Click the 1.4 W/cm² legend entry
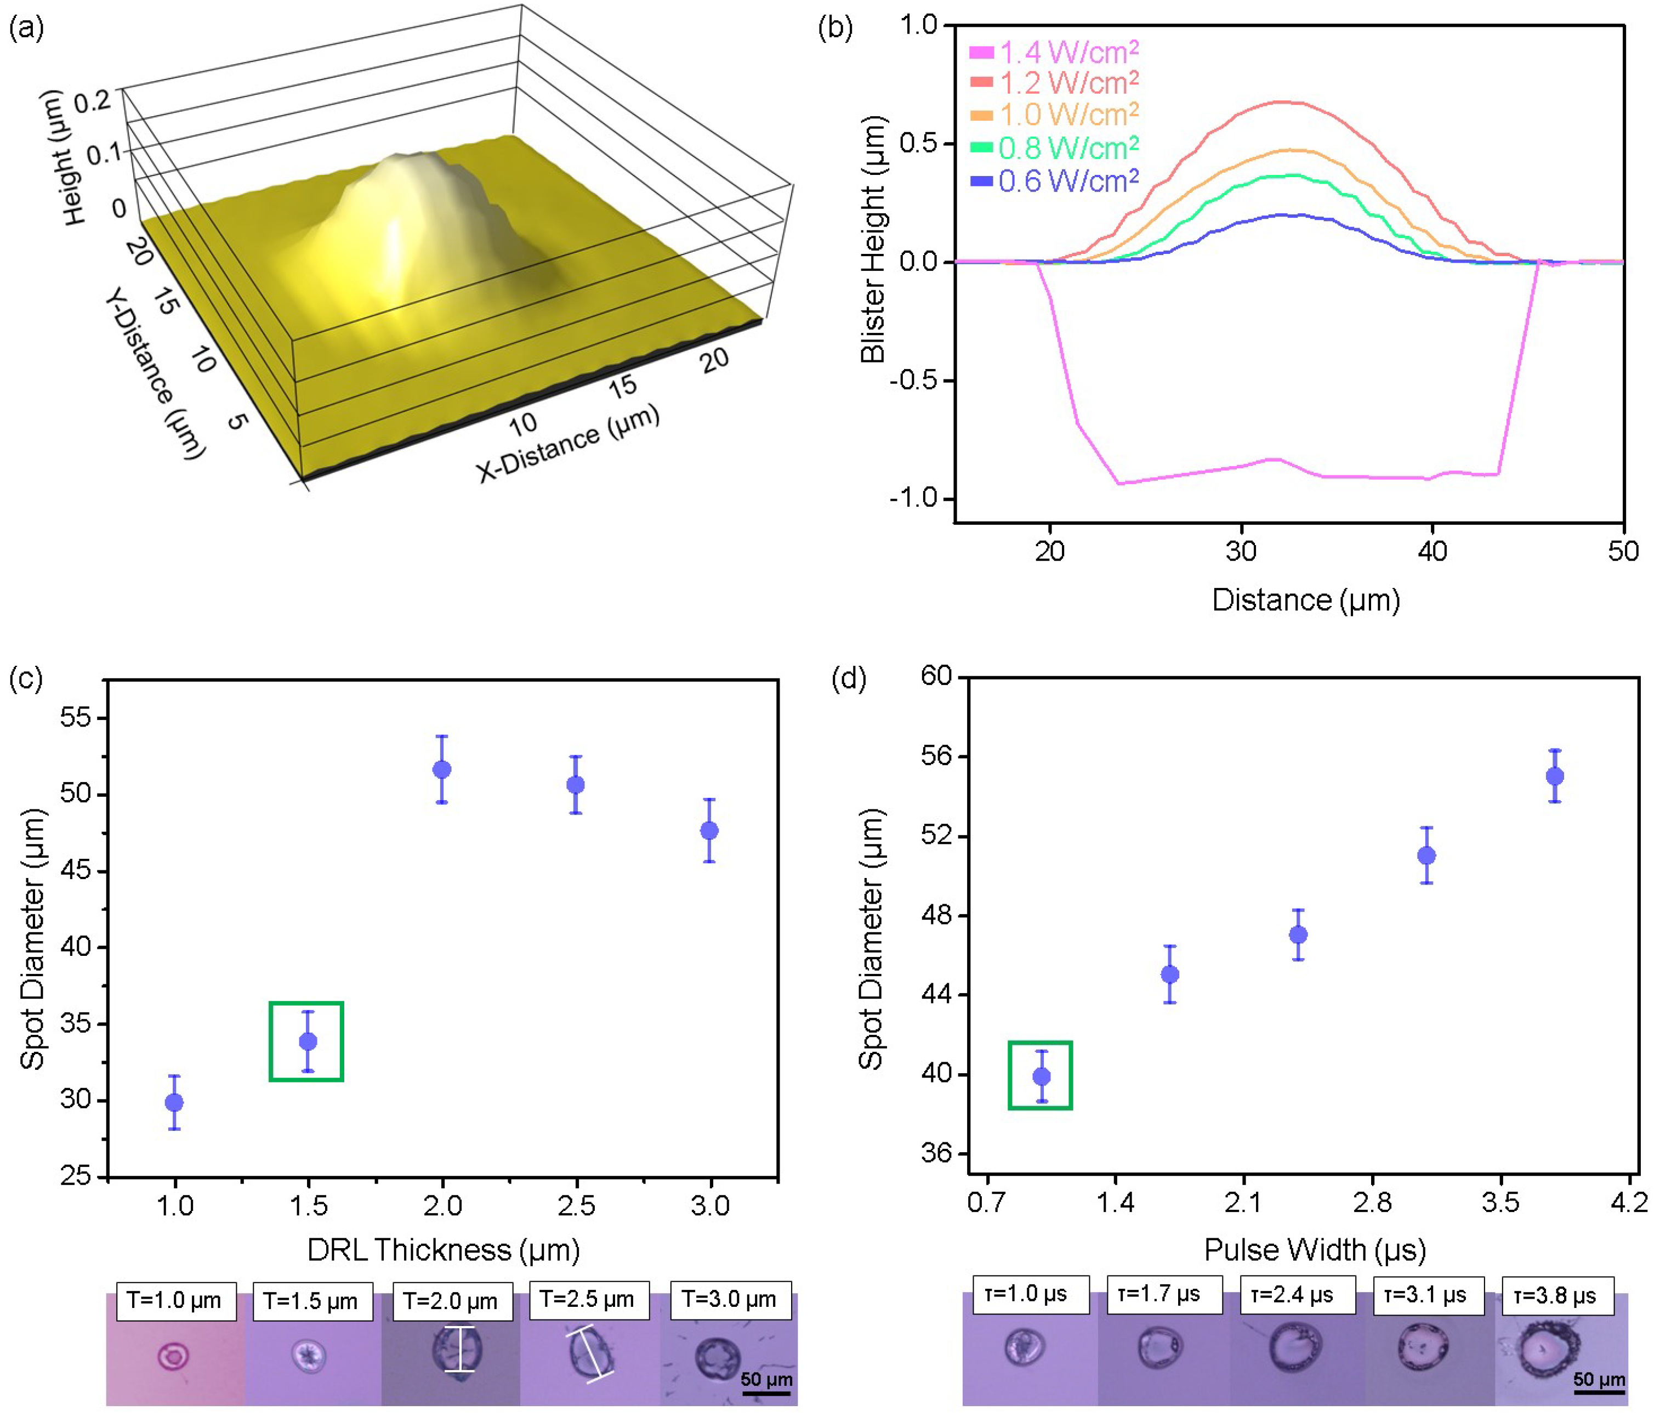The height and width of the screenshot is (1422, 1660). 1054,52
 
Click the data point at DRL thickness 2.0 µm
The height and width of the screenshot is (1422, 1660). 441,769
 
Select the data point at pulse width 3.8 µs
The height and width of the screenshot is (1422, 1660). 1554,776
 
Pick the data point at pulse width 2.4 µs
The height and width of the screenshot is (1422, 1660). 1298,934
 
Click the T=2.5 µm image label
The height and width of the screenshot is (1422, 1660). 587,1299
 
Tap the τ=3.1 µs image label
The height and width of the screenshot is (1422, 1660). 1425,1295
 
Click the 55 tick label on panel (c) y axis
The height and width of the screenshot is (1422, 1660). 76,717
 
